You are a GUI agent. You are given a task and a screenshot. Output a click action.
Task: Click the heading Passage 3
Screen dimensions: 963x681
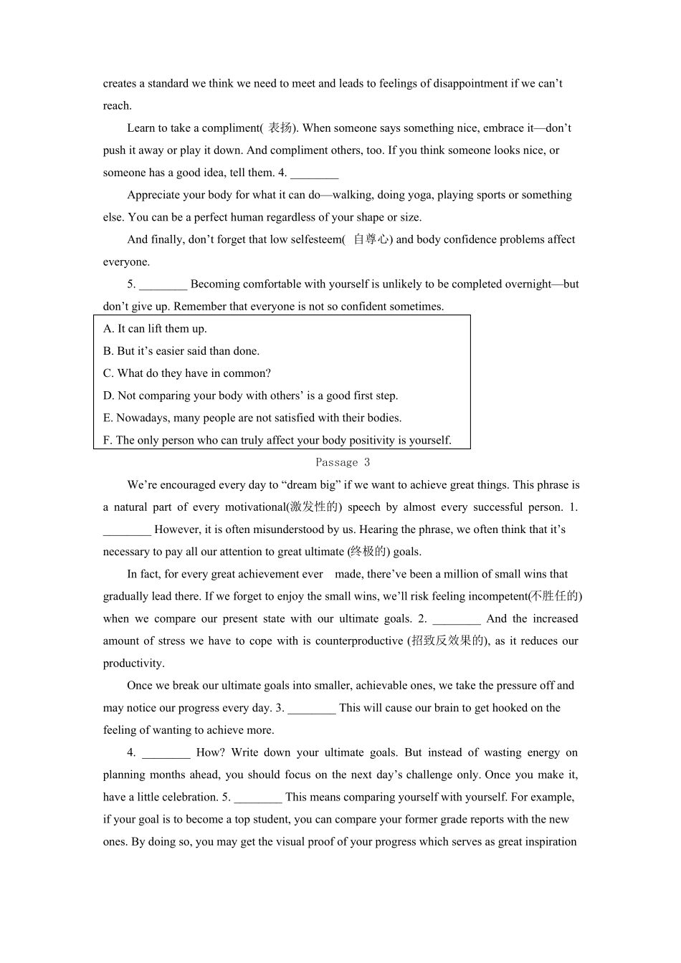click(343, 463)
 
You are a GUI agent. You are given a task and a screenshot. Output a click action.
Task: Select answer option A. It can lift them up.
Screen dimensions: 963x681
click(155, 329)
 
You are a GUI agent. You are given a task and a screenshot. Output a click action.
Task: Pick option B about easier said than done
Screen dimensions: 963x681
click(181, 351)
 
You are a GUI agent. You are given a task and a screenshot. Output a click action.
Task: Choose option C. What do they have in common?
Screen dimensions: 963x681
click(187, 373)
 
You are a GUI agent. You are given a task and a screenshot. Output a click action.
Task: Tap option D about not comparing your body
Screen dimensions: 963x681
click(250, 396)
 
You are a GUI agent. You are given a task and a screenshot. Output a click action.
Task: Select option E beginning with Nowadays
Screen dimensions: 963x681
click(252, 418)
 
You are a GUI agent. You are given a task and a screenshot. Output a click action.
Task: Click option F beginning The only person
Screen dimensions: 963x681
click(277, 440)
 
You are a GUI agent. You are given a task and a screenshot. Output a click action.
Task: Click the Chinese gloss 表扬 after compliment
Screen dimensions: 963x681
click(280, 128)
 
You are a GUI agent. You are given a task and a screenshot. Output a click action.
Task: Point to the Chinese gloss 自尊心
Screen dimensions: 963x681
click(371, 239)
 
